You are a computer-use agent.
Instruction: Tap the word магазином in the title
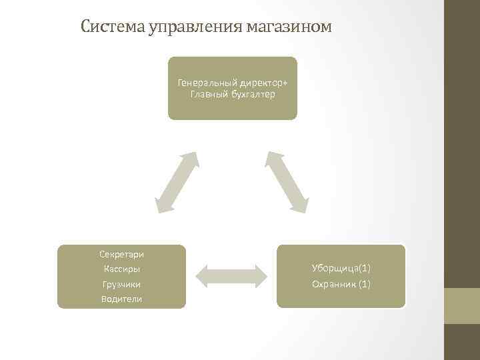point(288,27)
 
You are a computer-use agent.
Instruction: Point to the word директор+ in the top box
point(263,83)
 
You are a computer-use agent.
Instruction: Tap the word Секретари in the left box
point(121,254)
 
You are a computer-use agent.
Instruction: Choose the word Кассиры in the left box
point(121,269)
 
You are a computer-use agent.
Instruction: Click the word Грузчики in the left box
point(121,284)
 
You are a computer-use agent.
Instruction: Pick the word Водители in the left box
point(121,299)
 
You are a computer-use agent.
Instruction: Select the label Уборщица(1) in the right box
point(341,268)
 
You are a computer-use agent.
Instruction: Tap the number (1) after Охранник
point(364,284)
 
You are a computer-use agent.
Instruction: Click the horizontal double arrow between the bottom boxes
point(231,276)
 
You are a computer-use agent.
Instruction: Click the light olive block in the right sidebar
point(462,306)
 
